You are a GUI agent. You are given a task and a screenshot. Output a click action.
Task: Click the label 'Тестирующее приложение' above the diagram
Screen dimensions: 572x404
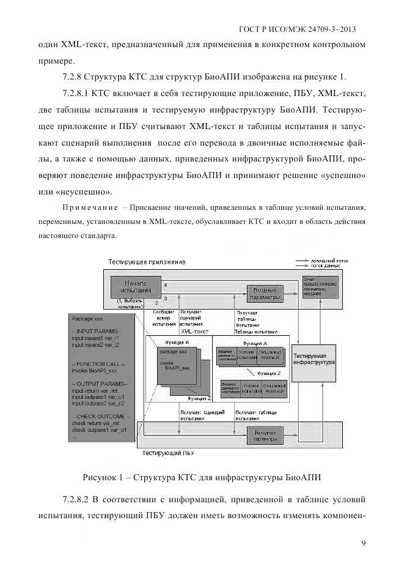[147, 262]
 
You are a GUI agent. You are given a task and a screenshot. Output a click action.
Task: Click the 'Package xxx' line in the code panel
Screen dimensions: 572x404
[87, 319]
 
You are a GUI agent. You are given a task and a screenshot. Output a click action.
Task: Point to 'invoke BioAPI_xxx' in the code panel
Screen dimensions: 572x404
[94, 371]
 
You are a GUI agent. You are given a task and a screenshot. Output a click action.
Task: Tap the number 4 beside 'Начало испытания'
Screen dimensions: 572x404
[166, 286]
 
